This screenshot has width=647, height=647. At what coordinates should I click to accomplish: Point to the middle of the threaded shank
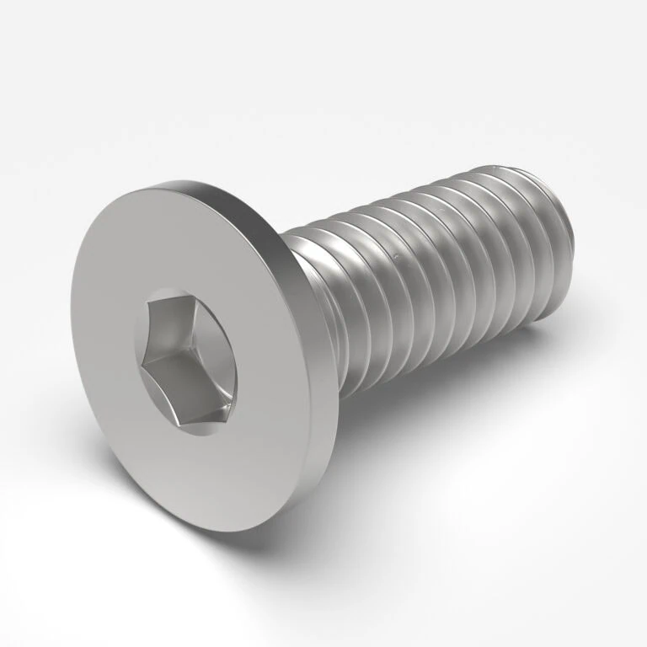pos(430,270)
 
